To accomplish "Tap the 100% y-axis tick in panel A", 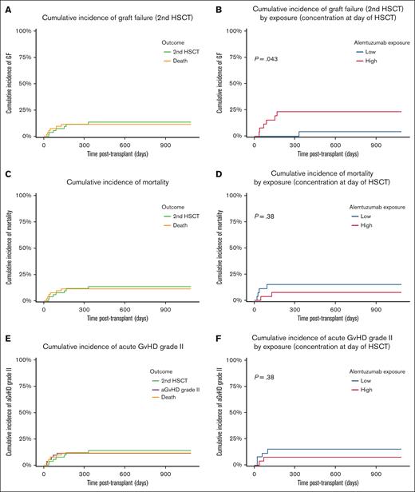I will pyautogui.click(x=24, y=31).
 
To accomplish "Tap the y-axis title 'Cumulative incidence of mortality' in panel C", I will pyautogui.click(x=6, y=247).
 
